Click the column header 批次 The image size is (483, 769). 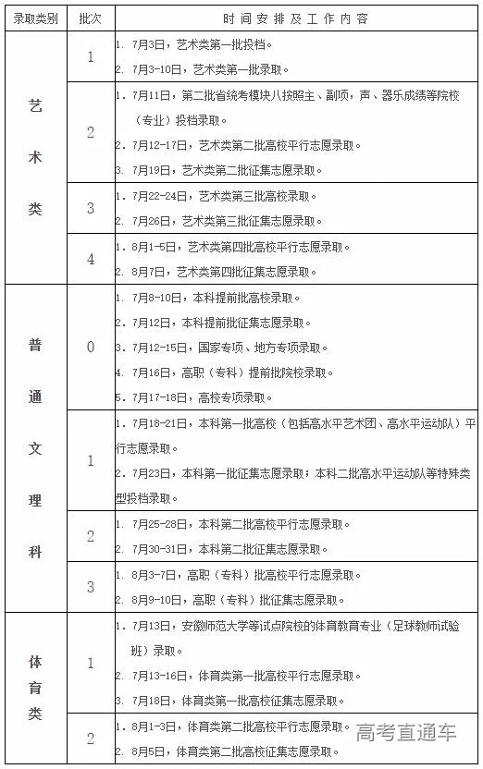[90, 18]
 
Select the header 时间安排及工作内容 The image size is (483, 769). [295, 18]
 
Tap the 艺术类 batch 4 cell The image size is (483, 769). [90, 259]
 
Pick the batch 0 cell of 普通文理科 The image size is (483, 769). [90, 348]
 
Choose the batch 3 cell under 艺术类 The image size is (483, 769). [90, 208]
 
